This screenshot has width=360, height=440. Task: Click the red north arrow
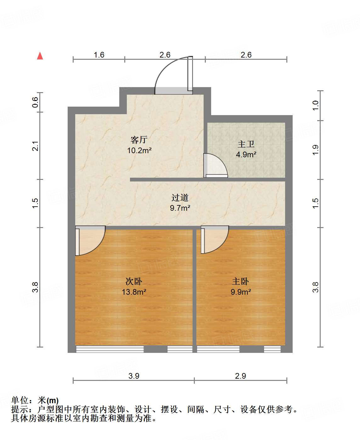pyautogui.click(x=40, y=56)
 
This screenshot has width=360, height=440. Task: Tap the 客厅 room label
pyautogui.click(x=139, y=140)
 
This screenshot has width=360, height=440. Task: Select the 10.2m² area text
pyautogui.click(x=139, y=150)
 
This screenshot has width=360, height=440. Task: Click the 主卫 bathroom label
pyautogui.click(x=246, y=144)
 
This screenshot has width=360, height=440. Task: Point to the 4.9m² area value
pyautogui.click(x=246, y=154)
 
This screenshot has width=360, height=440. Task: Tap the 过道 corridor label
pyautogui.click(x=180, y=198)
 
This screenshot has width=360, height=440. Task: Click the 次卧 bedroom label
pyautogui.click(x=134, y=281)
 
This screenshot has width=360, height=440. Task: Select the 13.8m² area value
pyautogui.click(x=134, y=292)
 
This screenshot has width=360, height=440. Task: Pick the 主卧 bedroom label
pyautogui.click(x=240, y=281)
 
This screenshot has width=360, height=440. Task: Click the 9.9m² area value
pyautogui.click(x=240, y=292)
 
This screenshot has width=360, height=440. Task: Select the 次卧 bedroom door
pyautogui.click(x=89, y=241)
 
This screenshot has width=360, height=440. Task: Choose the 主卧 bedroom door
pyautogui.click(x=214, y=240)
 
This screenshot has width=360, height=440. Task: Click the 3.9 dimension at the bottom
pyautogui.click(x=134, y=376)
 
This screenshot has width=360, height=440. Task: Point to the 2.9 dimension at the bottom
pyautogui.click(x=240, y=376)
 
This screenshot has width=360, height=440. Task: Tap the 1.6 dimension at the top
pyautogui.click(x=99, y=55)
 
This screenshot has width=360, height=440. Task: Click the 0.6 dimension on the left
pyautogui.click(x=35, y=102)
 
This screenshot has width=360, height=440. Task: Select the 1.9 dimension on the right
pyautogui.click(x=316, y=150)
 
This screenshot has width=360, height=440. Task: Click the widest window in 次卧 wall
pyautogui.click(x=110, y=349)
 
